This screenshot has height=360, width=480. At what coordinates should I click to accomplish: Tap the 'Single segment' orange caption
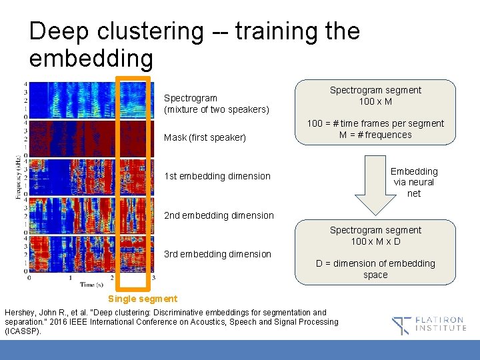[x=143, y=299]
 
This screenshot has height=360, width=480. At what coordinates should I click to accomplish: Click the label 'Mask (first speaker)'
[x=205, y=137]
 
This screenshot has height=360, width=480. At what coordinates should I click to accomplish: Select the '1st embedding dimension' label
[x=217, y=176]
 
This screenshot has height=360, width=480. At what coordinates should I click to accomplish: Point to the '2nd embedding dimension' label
[x=219, y=215]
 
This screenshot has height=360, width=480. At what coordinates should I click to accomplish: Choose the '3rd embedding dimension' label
[x=217, y=254]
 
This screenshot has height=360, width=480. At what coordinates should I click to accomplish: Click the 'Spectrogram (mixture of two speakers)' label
[x=217, y=103]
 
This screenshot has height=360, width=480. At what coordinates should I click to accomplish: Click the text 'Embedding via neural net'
[x=413, y=182]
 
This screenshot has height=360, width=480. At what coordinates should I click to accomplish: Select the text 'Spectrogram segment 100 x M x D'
[x=375, y=235]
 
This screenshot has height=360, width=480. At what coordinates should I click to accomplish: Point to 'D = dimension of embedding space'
[x=375, y=269]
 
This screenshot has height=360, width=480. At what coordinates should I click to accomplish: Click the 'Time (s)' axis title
[x=91, y=285]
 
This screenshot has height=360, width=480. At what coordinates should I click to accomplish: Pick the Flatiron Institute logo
[x=429, y=325]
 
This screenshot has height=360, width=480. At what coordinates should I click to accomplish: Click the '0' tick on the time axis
[x=29, y=277]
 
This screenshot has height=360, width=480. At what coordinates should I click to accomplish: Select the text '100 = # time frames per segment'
[x=375, y=123]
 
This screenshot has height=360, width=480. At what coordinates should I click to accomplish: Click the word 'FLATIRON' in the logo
[x=441, y=320]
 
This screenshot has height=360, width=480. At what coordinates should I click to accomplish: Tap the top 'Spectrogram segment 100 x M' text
[x=375, y=95]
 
